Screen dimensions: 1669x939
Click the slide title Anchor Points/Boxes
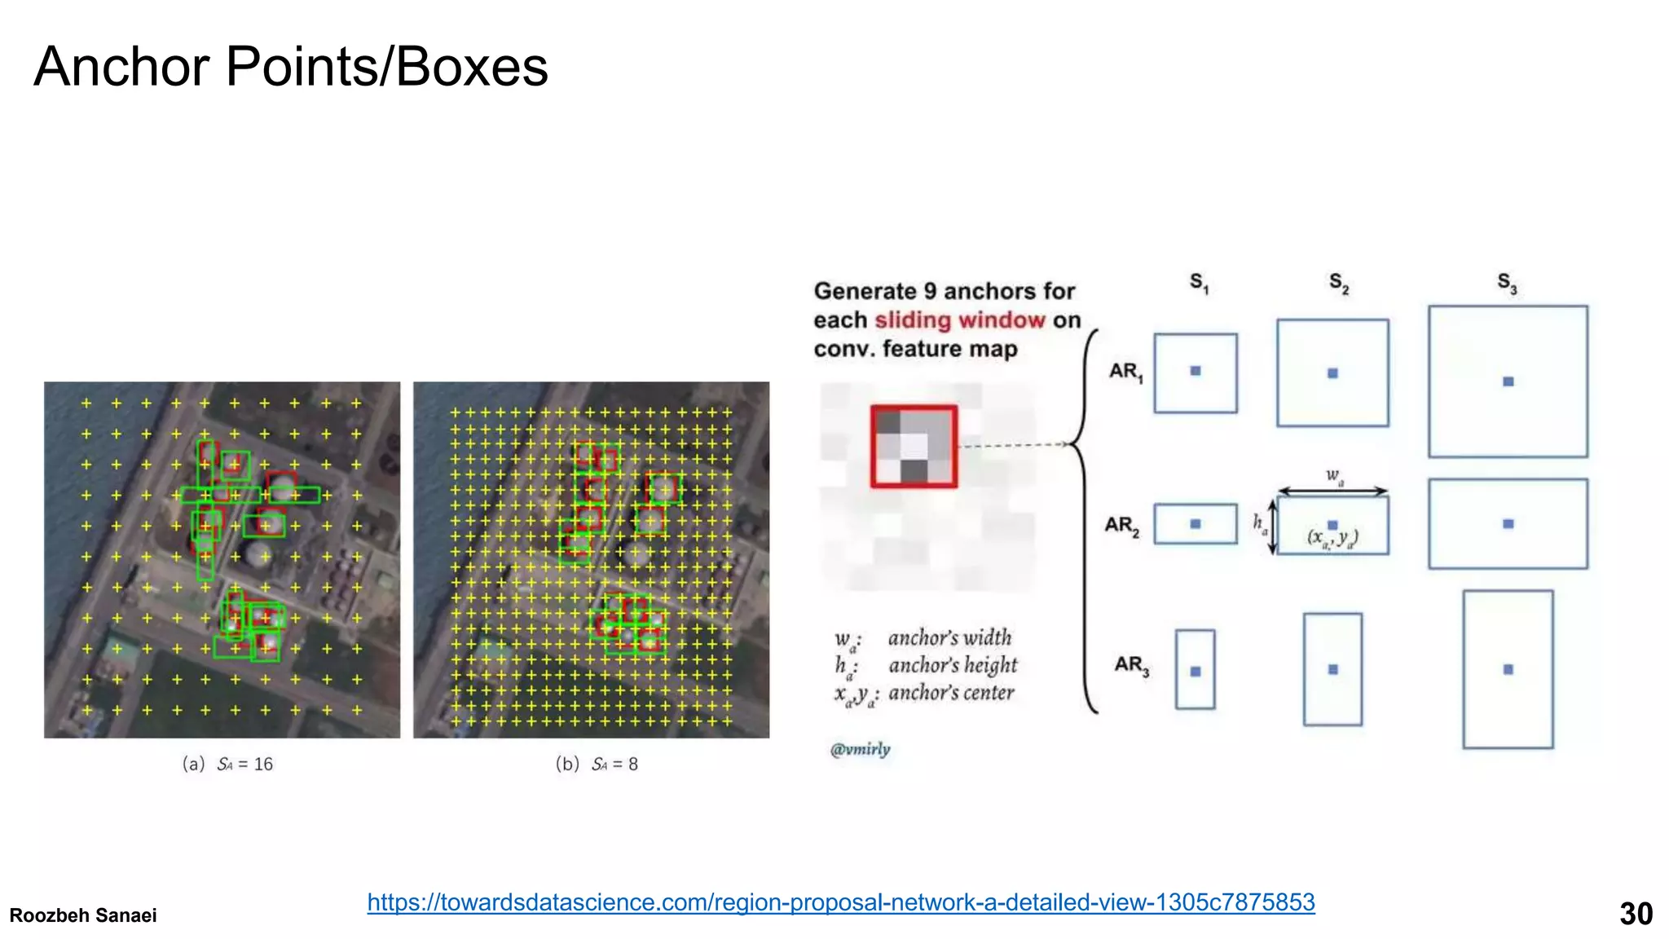coord(291,67)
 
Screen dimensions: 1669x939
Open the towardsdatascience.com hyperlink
coord(840,902)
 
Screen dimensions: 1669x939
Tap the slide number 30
coord(1636,914)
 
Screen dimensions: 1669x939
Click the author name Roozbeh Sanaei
coord(83,915)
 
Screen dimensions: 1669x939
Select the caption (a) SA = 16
coord(227,764)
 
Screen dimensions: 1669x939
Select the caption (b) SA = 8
coord(597,764)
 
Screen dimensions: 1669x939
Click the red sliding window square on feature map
coord(914,447)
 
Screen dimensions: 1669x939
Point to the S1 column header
coord(1199,283)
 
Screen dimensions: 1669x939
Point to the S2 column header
coord(1339,283)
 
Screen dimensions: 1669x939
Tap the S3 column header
coord(1507,283)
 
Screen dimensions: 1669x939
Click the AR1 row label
coord(1126,372)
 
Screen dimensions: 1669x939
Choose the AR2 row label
coord(1122,526)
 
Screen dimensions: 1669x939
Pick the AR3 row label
coord(1132,666)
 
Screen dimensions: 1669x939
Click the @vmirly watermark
coord(861,749)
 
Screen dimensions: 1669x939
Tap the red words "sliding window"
coord(959,320)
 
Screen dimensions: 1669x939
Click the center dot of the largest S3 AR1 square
coord(1508,381)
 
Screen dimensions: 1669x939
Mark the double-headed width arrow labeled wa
coord(1332,491)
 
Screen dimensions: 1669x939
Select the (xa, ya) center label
coord(1332,538)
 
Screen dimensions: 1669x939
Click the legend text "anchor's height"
coord(953,665)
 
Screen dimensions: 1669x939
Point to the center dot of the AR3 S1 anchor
coord(1196,672)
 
